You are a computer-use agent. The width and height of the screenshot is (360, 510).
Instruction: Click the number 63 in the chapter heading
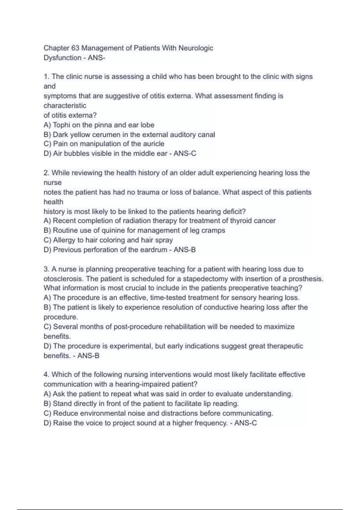(x=75, y=48)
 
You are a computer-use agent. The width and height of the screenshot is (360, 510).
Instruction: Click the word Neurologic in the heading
(x=196, y=48)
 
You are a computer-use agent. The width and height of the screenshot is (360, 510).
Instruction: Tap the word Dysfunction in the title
(x=62, y=58)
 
